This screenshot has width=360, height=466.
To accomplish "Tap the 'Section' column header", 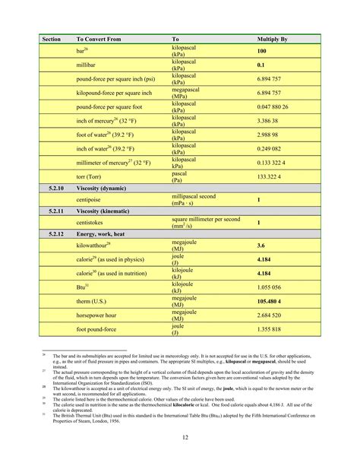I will tap(52, 38).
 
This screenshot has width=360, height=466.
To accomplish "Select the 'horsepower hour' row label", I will tap(100, 315).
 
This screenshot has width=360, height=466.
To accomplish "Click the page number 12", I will tap(185, 436).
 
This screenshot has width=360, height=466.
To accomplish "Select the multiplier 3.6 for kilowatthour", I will tap(261, 246).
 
